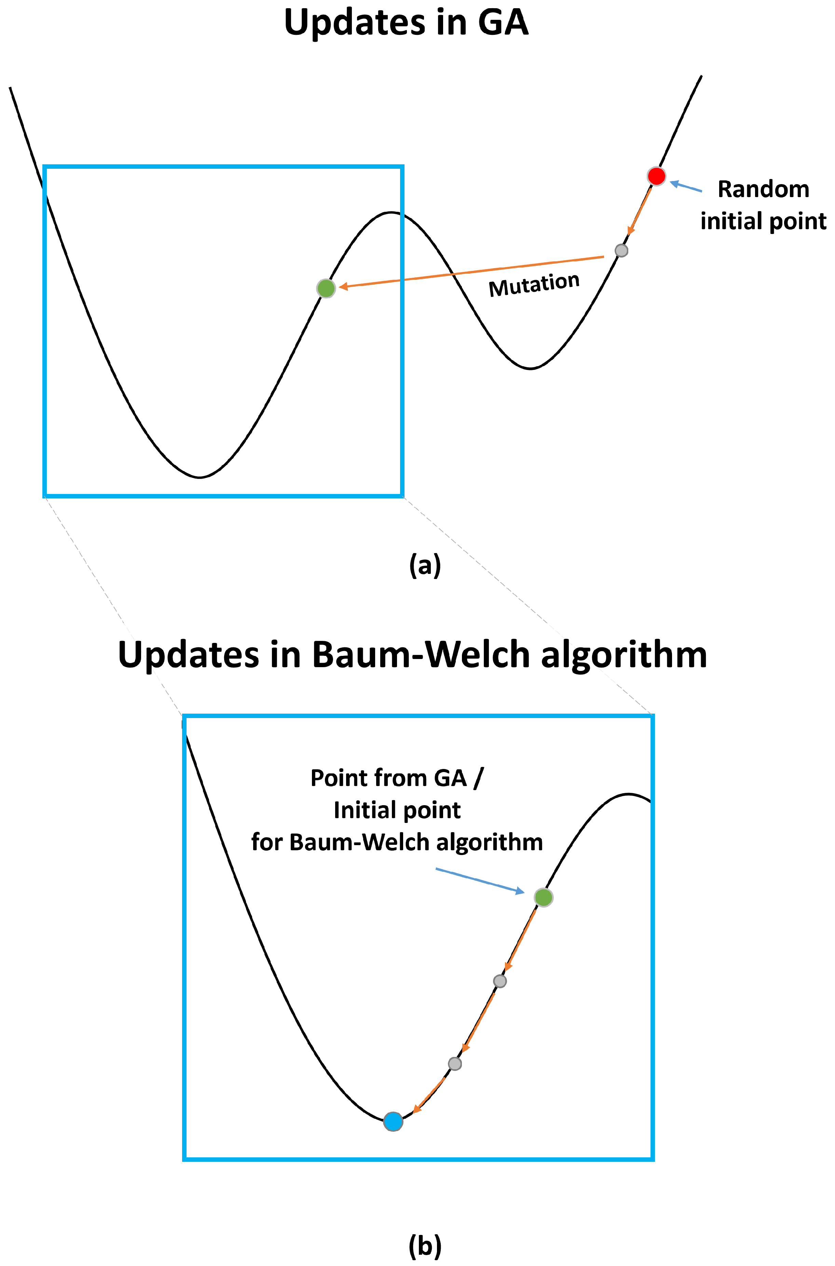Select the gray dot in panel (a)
(x=621, y=250)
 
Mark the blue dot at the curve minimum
(x=393, y=1122)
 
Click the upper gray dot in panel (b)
(x=499, y=981)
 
